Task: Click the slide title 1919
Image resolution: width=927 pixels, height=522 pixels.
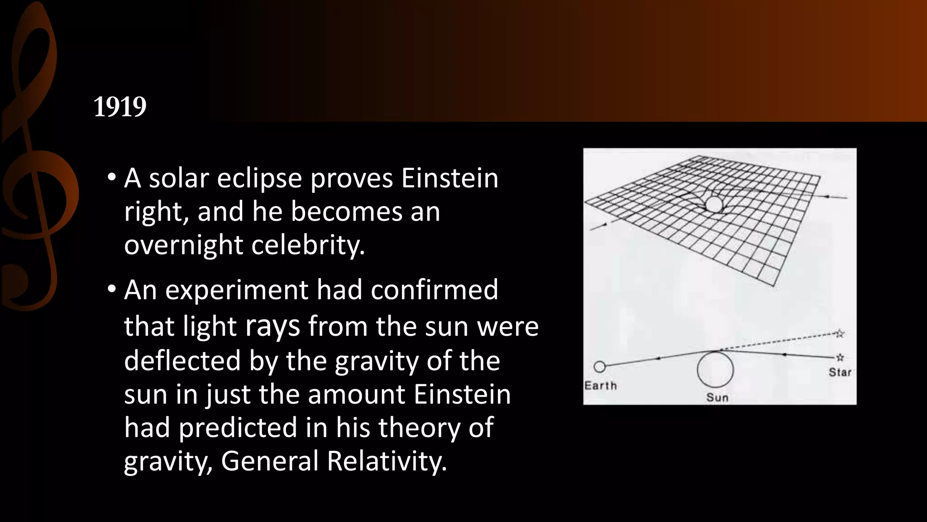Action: pos(120,107)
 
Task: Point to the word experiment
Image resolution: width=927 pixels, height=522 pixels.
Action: pos(236,290)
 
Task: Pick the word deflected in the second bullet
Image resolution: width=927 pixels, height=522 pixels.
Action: pos(182,361)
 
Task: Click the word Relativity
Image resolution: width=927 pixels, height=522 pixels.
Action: pos(387,461)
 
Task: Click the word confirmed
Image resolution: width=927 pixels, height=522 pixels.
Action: pos(435,290)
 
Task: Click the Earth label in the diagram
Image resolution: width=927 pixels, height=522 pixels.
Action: pos(601,386)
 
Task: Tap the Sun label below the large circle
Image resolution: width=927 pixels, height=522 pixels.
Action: pos(717,397)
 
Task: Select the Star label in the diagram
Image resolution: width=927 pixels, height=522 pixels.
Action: pos(840,372)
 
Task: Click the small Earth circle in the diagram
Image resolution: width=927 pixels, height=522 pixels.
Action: pos(599,367)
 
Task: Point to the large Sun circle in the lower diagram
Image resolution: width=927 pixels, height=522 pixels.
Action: pos(715,369)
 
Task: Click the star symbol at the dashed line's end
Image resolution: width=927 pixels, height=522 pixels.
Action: pos(840,334)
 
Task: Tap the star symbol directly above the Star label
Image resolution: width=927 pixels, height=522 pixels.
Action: pos(840,358)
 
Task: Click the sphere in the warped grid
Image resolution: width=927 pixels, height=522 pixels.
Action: pos(714,204)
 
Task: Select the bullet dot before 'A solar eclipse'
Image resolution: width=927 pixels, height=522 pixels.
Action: pos(112,177)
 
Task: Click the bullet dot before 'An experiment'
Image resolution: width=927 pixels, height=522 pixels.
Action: pos(112,289)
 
